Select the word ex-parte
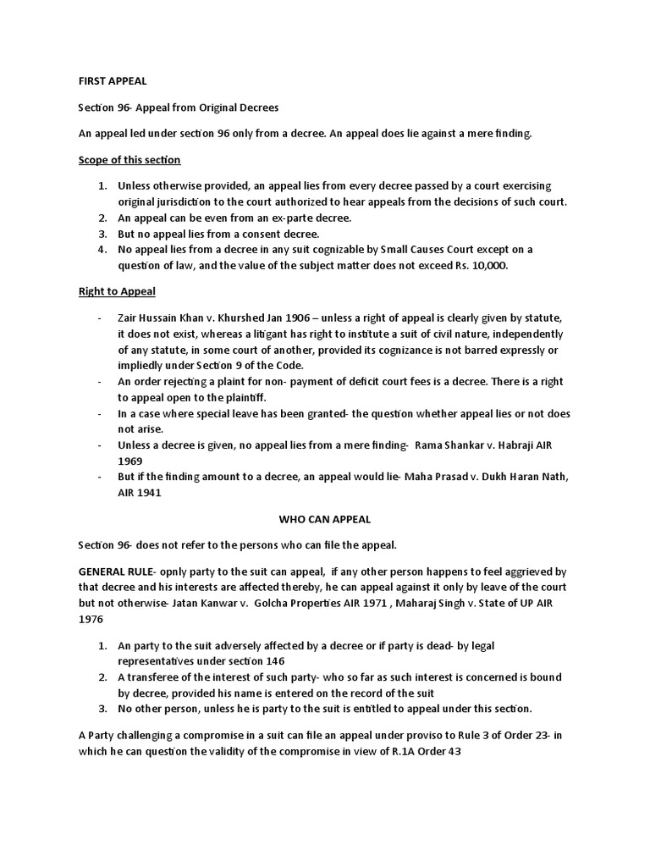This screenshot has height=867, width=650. pos(258,218)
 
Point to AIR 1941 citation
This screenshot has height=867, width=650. pos(139,493)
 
